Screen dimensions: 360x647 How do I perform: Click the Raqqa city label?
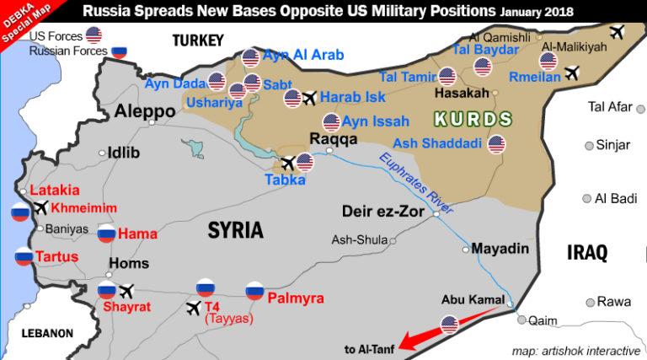(x=327, y=140)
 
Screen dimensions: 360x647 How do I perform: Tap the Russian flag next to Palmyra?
(x=254, y=292)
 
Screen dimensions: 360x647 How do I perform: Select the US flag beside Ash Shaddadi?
(x=496, y=144)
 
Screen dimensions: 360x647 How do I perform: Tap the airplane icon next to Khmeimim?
(x=40, y=208)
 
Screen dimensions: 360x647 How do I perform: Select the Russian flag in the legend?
(x=120, y=51)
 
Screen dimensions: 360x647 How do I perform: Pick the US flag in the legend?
(x=94, y=35)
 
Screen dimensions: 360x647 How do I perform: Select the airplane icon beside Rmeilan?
(x=573, y=73)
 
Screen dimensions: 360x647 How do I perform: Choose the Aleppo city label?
(x=139, y=110)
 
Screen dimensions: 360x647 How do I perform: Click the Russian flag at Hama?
(x=107, y=234)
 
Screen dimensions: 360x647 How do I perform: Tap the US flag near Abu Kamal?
(x=449, y=323)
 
